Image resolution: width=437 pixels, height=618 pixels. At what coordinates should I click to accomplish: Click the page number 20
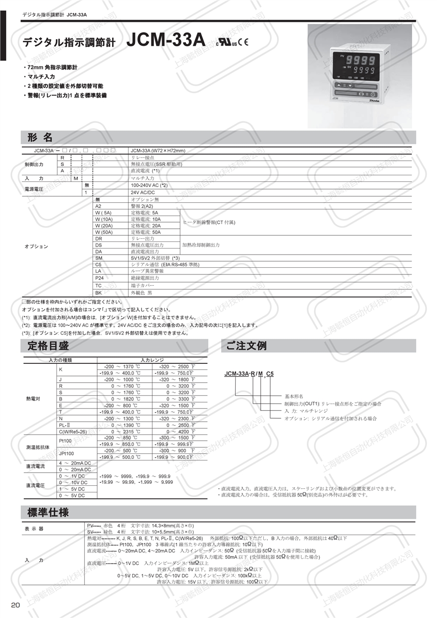[15, 605]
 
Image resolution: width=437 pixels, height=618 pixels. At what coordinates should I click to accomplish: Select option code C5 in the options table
[99, 265]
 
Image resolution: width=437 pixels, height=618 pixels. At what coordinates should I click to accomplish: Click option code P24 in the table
[100, 279]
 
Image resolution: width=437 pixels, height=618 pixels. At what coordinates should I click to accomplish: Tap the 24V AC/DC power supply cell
[143, 193]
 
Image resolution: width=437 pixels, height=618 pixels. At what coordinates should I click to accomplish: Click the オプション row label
[36, 246]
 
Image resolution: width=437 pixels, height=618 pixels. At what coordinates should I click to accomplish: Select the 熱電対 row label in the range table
[33, 398]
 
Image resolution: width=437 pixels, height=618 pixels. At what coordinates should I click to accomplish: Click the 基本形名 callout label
[294, 396]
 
